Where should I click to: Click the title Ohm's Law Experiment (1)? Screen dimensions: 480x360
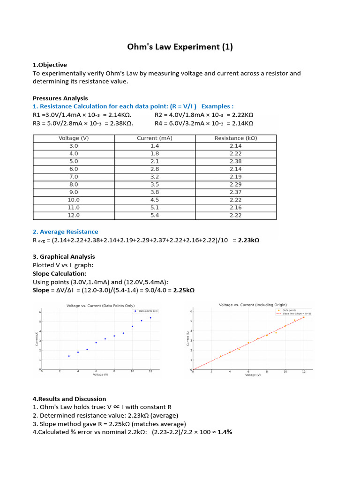coord(180,47)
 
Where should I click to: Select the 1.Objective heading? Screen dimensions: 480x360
coord(50,65)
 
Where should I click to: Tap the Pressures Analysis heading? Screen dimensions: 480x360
coord(60,98)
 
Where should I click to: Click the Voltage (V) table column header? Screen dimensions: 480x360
coord(74,138)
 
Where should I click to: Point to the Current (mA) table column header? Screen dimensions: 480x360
coord(155,138)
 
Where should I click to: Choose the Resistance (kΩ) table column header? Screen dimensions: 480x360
coord(236,138)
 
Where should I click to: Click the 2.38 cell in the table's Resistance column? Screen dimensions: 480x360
coord(236,161)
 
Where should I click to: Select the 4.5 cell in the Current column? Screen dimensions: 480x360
coord(155,200)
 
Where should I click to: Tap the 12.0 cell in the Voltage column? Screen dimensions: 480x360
coord(74,215)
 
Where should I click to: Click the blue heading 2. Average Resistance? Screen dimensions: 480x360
coord(65,232)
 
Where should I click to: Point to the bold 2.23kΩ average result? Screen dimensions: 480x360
coord(248,240)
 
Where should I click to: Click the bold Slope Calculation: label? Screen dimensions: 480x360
coord(59,273)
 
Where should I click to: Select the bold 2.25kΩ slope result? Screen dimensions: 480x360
coord(184,290)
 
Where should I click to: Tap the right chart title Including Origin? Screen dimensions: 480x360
coord(253,305)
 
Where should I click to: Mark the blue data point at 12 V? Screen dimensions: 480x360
coord(150,318)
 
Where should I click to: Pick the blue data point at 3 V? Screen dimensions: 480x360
coord(69,356)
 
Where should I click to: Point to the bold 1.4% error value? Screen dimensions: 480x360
coord(225,432)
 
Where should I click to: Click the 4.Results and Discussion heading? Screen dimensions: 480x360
coord(69,398)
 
